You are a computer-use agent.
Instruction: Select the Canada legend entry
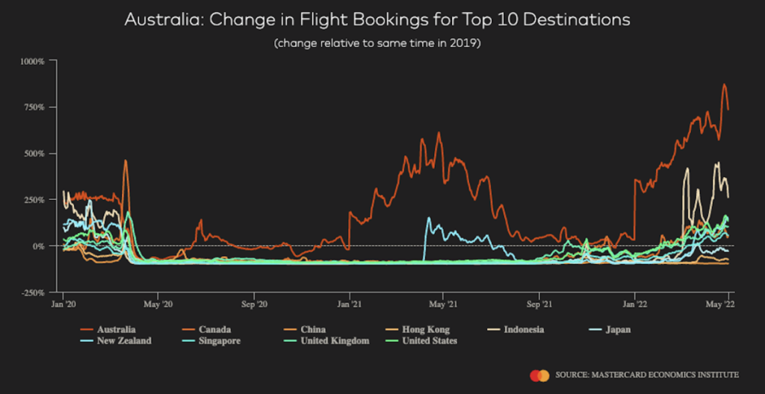point(214,329)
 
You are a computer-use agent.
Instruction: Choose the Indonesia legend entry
point(523,329)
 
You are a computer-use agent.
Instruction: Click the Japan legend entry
point(617,329)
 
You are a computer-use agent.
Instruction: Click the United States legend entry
point(430,341)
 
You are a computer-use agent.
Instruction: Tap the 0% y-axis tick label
point(41,246)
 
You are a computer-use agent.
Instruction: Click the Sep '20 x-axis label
point(254,305)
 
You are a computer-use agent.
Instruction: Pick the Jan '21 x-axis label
point(350,305)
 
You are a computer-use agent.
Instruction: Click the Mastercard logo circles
point(539,375)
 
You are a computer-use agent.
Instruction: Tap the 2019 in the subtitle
point(464,43)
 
